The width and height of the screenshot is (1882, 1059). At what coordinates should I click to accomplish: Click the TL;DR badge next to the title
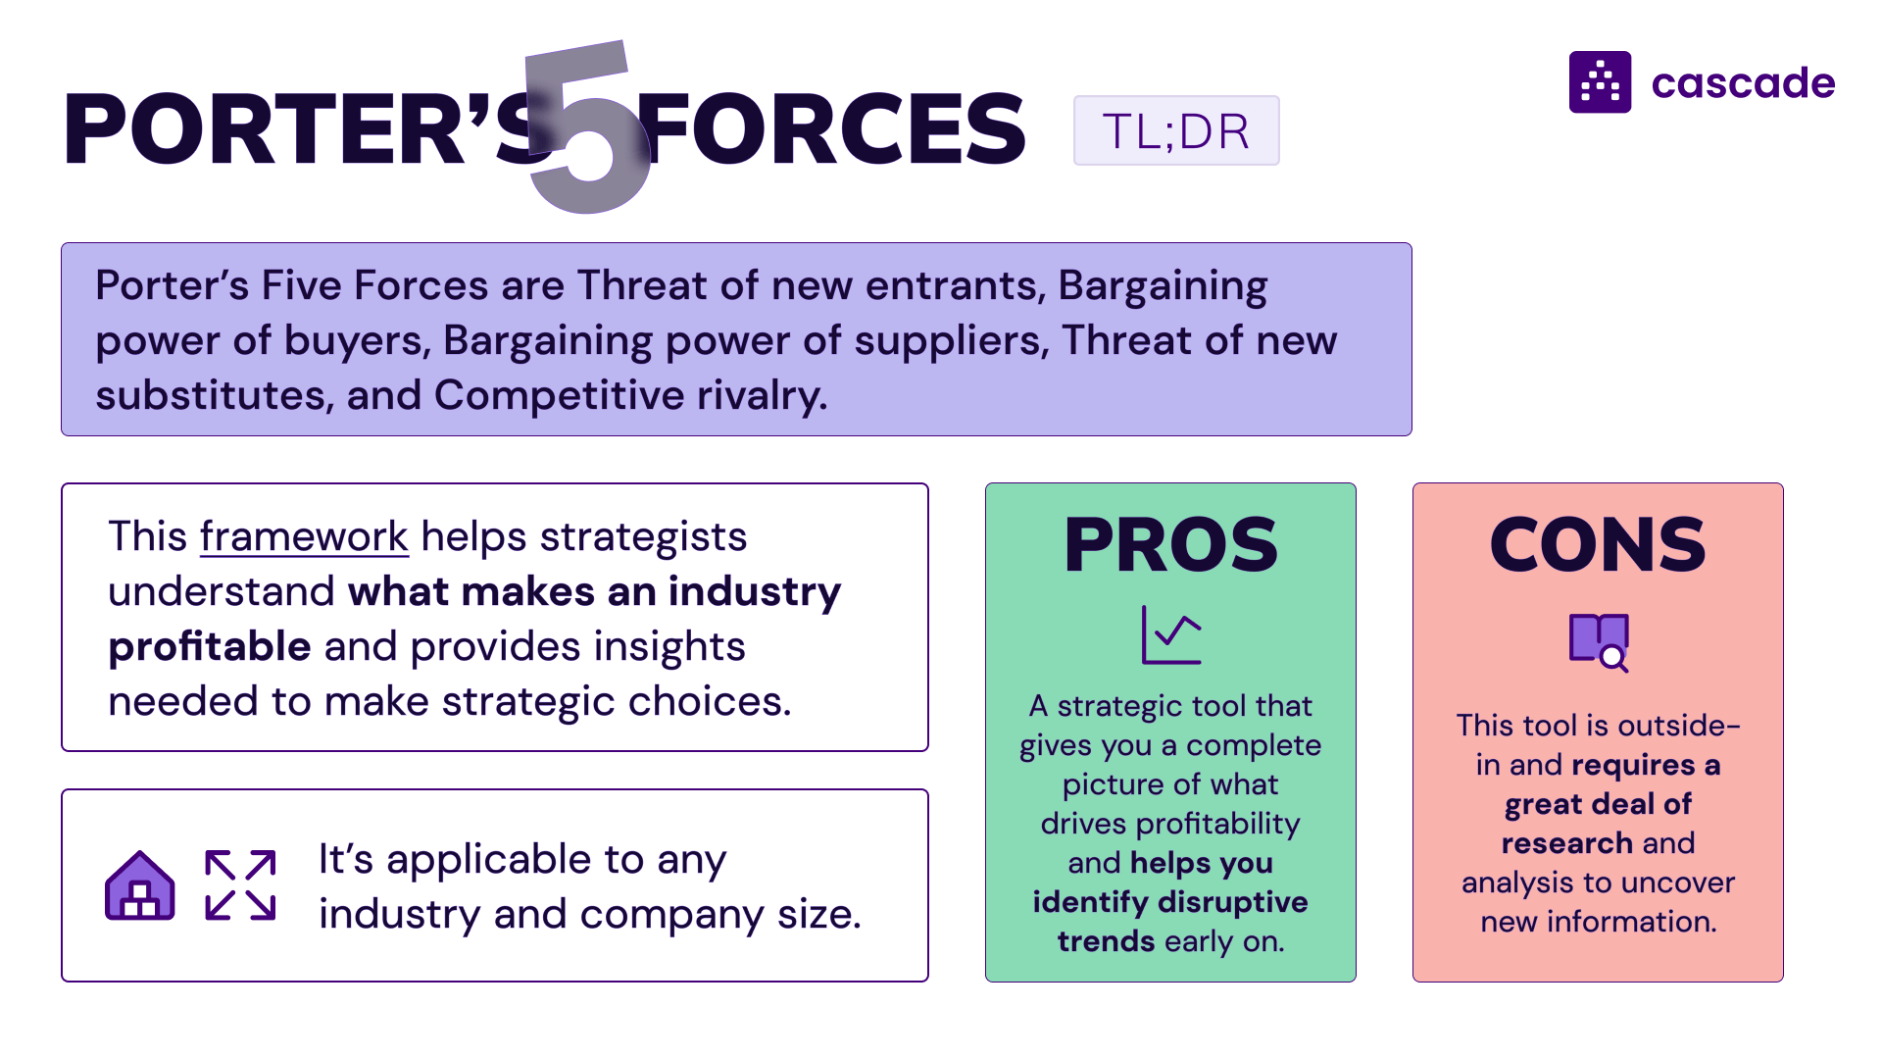1175,130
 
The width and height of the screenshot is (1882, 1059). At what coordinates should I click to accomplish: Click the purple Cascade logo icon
1600,82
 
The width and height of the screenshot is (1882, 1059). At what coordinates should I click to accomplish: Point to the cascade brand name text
1743,83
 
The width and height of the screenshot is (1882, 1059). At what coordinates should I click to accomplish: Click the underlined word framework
304,537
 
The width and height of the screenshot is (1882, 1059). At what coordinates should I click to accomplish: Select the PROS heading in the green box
1170,545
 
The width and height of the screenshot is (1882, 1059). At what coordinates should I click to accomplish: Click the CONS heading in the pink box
1598,545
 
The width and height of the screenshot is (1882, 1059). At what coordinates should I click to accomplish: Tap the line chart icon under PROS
1171,635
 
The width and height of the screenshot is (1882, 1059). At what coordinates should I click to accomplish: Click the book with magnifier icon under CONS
1599,642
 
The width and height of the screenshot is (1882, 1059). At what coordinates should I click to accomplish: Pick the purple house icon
140,885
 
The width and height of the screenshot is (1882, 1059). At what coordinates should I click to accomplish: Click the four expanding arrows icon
240,885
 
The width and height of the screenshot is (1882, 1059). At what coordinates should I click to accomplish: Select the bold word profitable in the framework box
210,647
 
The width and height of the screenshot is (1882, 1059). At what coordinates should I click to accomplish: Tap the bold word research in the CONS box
1566,843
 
